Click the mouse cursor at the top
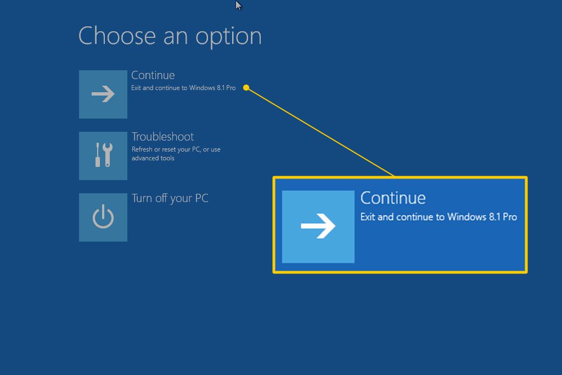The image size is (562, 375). click(238, 5)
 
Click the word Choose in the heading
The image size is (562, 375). click(117, 36)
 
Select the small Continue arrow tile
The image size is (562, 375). click(103, 94)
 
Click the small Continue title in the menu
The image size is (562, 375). click(153, 75)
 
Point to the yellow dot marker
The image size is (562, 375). click(246, 88)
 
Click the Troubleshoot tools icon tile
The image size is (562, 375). click(103, 156)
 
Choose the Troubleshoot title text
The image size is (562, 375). click(162, 137)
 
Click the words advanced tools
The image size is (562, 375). click(153, 158)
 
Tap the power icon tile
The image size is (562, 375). click(103, 217)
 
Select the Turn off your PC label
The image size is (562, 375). click(170, 199)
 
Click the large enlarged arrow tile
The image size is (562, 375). click(318, 227)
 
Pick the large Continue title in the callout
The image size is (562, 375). click(393, 198)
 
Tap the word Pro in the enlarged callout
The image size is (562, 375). click(510, 217)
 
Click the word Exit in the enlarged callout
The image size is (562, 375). click(368, 217)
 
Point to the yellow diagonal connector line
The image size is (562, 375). click(321, 132)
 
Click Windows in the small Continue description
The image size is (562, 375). click(202, 88)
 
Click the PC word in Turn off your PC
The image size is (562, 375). click(201, 198)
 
